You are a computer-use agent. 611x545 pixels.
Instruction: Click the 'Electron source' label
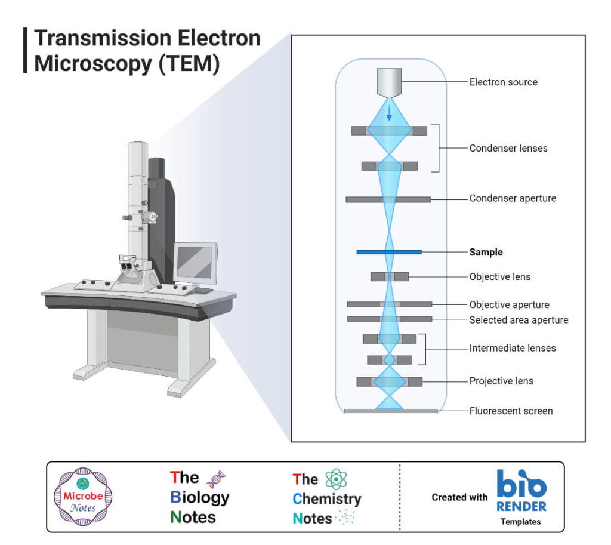click(x=503, y=82)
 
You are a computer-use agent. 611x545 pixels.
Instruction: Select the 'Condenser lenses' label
click(x=508, y=148)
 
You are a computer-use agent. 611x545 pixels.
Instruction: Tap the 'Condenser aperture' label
click(x=513, y=198)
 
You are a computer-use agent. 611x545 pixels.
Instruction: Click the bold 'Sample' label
click(x=486, y=252)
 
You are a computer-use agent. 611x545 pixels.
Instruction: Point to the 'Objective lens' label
click(x=499, y=276)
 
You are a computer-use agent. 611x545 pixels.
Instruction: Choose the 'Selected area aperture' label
click(x=519, y=320)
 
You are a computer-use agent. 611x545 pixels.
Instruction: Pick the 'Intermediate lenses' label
click(x=512, y=347)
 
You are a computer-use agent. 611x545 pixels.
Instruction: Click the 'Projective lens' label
click(x=501, y=381)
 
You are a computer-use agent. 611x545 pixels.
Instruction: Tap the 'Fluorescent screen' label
click(x=511, y=411)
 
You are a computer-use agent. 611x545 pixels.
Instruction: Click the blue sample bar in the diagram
click(x=389, y=252)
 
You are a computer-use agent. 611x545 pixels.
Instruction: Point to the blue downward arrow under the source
click(x=389, y=113)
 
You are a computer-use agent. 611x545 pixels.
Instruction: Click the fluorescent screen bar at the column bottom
click(x=391, y=411)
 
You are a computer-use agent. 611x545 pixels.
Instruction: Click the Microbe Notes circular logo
click(x=83, y=497)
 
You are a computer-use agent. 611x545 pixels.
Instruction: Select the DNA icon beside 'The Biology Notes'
click(x=216, y=479)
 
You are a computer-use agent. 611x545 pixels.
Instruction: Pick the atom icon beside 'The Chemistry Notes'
click(x=336, y=479)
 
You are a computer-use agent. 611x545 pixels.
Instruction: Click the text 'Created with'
click(x=459, y=497)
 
